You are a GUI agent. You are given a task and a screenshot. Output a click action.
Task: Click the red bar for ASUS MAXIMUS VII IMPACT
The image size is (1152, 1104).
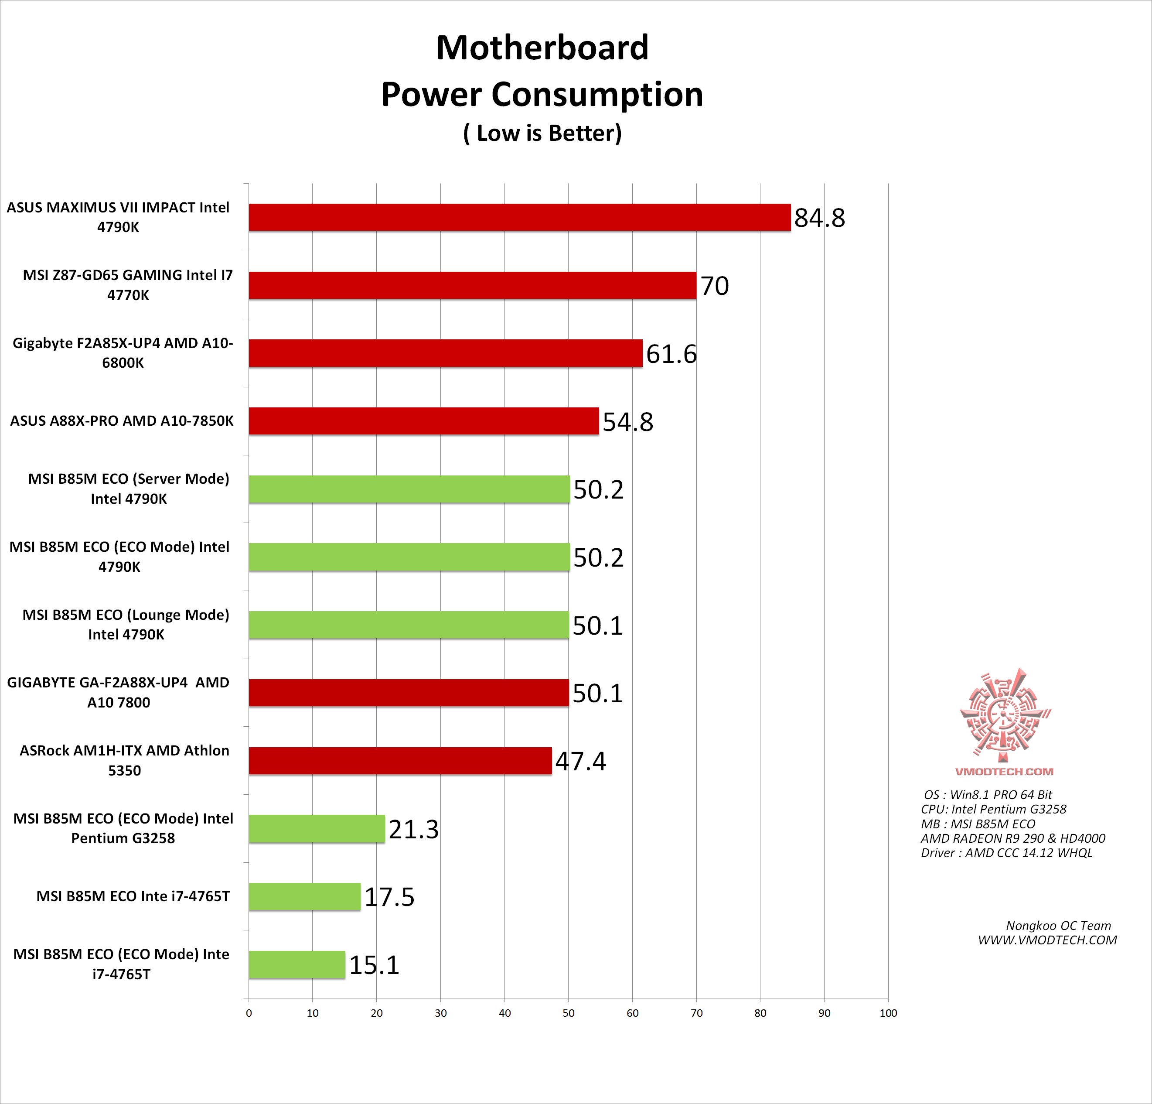point(520,218)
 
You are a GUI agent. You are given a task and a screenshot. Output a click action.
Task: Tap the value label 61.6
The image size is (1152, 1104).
point(671,354)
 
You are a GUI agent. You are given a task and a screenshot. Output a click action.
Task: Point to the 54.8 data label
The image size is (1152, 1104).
point(628,421)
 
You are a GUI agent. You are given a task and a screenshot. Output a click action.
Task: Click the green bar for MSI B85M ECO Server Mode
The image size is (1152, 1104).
point(409,489)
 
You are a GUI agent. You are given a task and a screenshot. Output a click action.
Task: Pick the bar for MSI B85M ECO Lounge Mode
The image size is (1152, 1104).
point(409,625)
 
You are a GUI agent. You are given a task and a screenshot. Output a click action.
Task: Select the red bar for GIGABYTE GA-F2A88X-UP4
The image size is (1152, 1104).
point(409,693)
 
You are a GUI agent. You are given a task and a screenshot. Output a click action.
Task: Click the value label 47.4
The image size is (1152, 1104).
point(581,761)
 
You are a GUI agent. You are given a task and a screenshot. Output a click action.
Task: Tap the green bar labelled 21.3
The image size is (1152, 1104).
point(317,829)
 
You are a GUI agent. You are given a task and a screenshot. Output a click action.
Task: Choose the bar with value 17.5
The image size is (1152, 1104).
point(304,896)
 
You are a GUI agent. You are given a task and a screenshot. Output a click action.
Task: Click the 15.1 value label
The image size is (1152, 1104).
point(375,965)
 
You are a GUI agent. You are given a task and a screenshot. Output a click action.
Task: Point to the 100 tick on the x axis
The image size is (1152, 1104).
point(888,1013)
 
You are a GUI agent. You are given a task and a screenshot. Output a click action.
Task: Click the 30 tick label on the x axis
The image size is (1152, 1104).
point(441,1013)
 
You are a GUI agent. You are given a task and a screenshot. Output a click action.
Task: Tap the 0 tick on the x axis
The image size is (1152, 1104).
point(249,1013)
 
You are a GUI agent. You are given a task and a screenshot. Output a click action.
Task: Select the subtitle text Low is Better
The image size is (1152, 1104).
point(542,133)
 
